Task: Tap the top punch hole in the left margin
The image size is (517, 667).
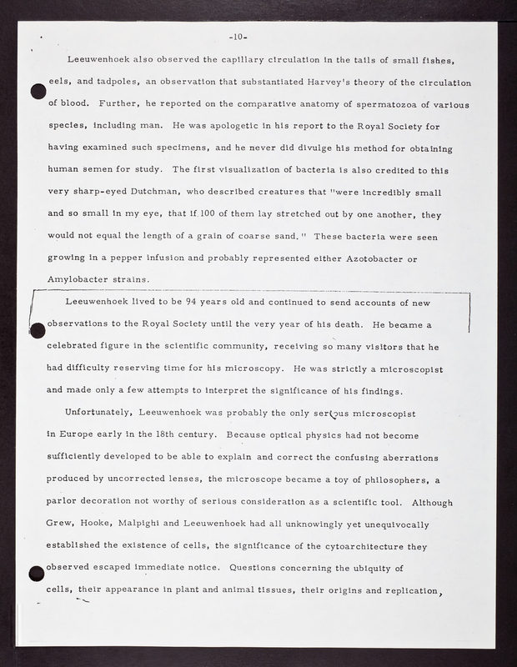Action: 38,93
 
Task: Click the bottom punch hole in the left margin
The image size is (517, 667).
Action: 37,574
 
